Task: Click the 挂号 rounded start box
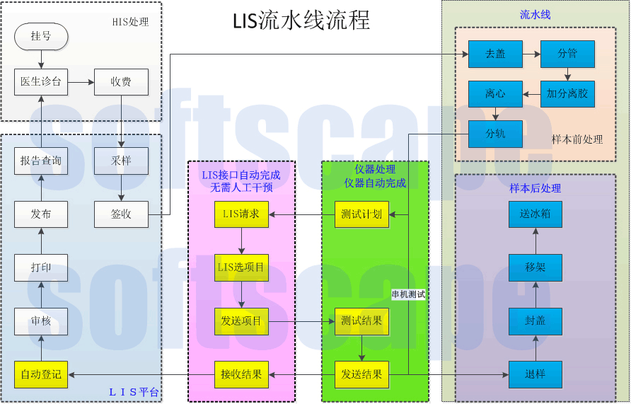pyautogui.click(x=41, y=36)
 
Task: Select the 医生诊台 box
pyautogui.click(x=41, y=82)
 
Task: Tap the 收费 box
pyautogui.click(x=121, y=82)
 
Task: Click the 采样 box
pyautogui.click(x=121, y=161)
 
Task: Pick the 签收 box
pyautogui.click(x=121, y=214)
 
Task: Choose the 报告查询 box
pyautogui.click(x=41, y=161)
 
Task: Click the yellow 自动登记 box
pyautogui.click(x=41, y=374)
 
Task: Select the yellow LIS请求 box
pyautogui.click(x=241, y=214)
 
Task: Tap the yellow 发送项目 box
pyautogui.click(x=241, y=321)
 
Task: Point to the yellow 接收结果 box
pyautogui.click(x=241, y=374)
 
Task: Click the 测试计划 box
pyautogui.click(x=361, y=214)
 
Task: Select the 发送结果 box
pyautogui.click(x=361, y=374)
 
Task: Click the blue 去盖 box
pyautogui.click(x=495, y=54)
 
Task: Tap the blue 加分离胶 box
pyautogui.click(x=567, y=93)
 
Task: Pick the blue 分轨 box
pyautogui.click(x=495, y=134)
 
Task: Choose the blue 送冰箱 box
pyautogui.click(x=536, y=214)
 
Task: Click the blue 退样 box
pyautogui.click(x=536, y=374)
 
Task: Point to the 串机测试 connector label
pyautogui.click(x=408, y=294)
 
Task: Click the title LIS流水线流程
pyautogui.click(x=301, y=21)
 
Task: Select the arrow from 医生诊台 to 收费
pyautogui.click(x=81, y=82)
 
